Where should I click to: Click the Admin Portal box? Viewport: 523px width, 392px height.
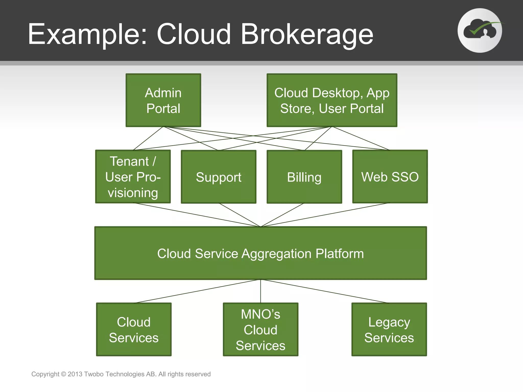(x=163, y=100)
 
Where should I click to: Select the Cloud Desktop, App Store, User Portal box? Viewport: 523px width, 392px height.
(x=332, y=100)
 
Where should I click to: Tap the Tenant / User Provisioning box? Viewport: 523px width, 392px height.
(x=133, y=177)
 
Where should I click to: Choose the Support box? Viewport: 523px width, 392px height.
(x=219, y=177)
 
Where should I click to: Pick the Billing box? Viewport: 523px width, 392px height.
(x=304, y=177)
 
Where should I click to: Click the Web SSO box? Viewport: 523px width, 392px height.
(x=390, y=177)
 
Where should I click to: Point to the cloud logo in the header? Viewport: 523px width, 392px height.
(x=480, y=31)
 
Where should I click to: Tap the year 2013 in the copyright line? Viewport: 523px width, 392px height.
(x=75, y=374)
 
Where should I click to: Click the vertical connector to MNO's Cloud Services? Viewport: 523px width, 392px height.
(x=260, y=291)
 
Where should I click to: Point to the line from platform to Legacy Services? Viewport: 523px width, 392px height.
(x=324, y=291)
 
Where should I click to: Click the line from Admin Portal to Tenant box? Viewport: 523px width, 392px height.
(x=148, y=138)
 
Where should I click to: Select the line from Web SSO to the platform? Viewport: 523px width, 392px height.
(x=326, y=215)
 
